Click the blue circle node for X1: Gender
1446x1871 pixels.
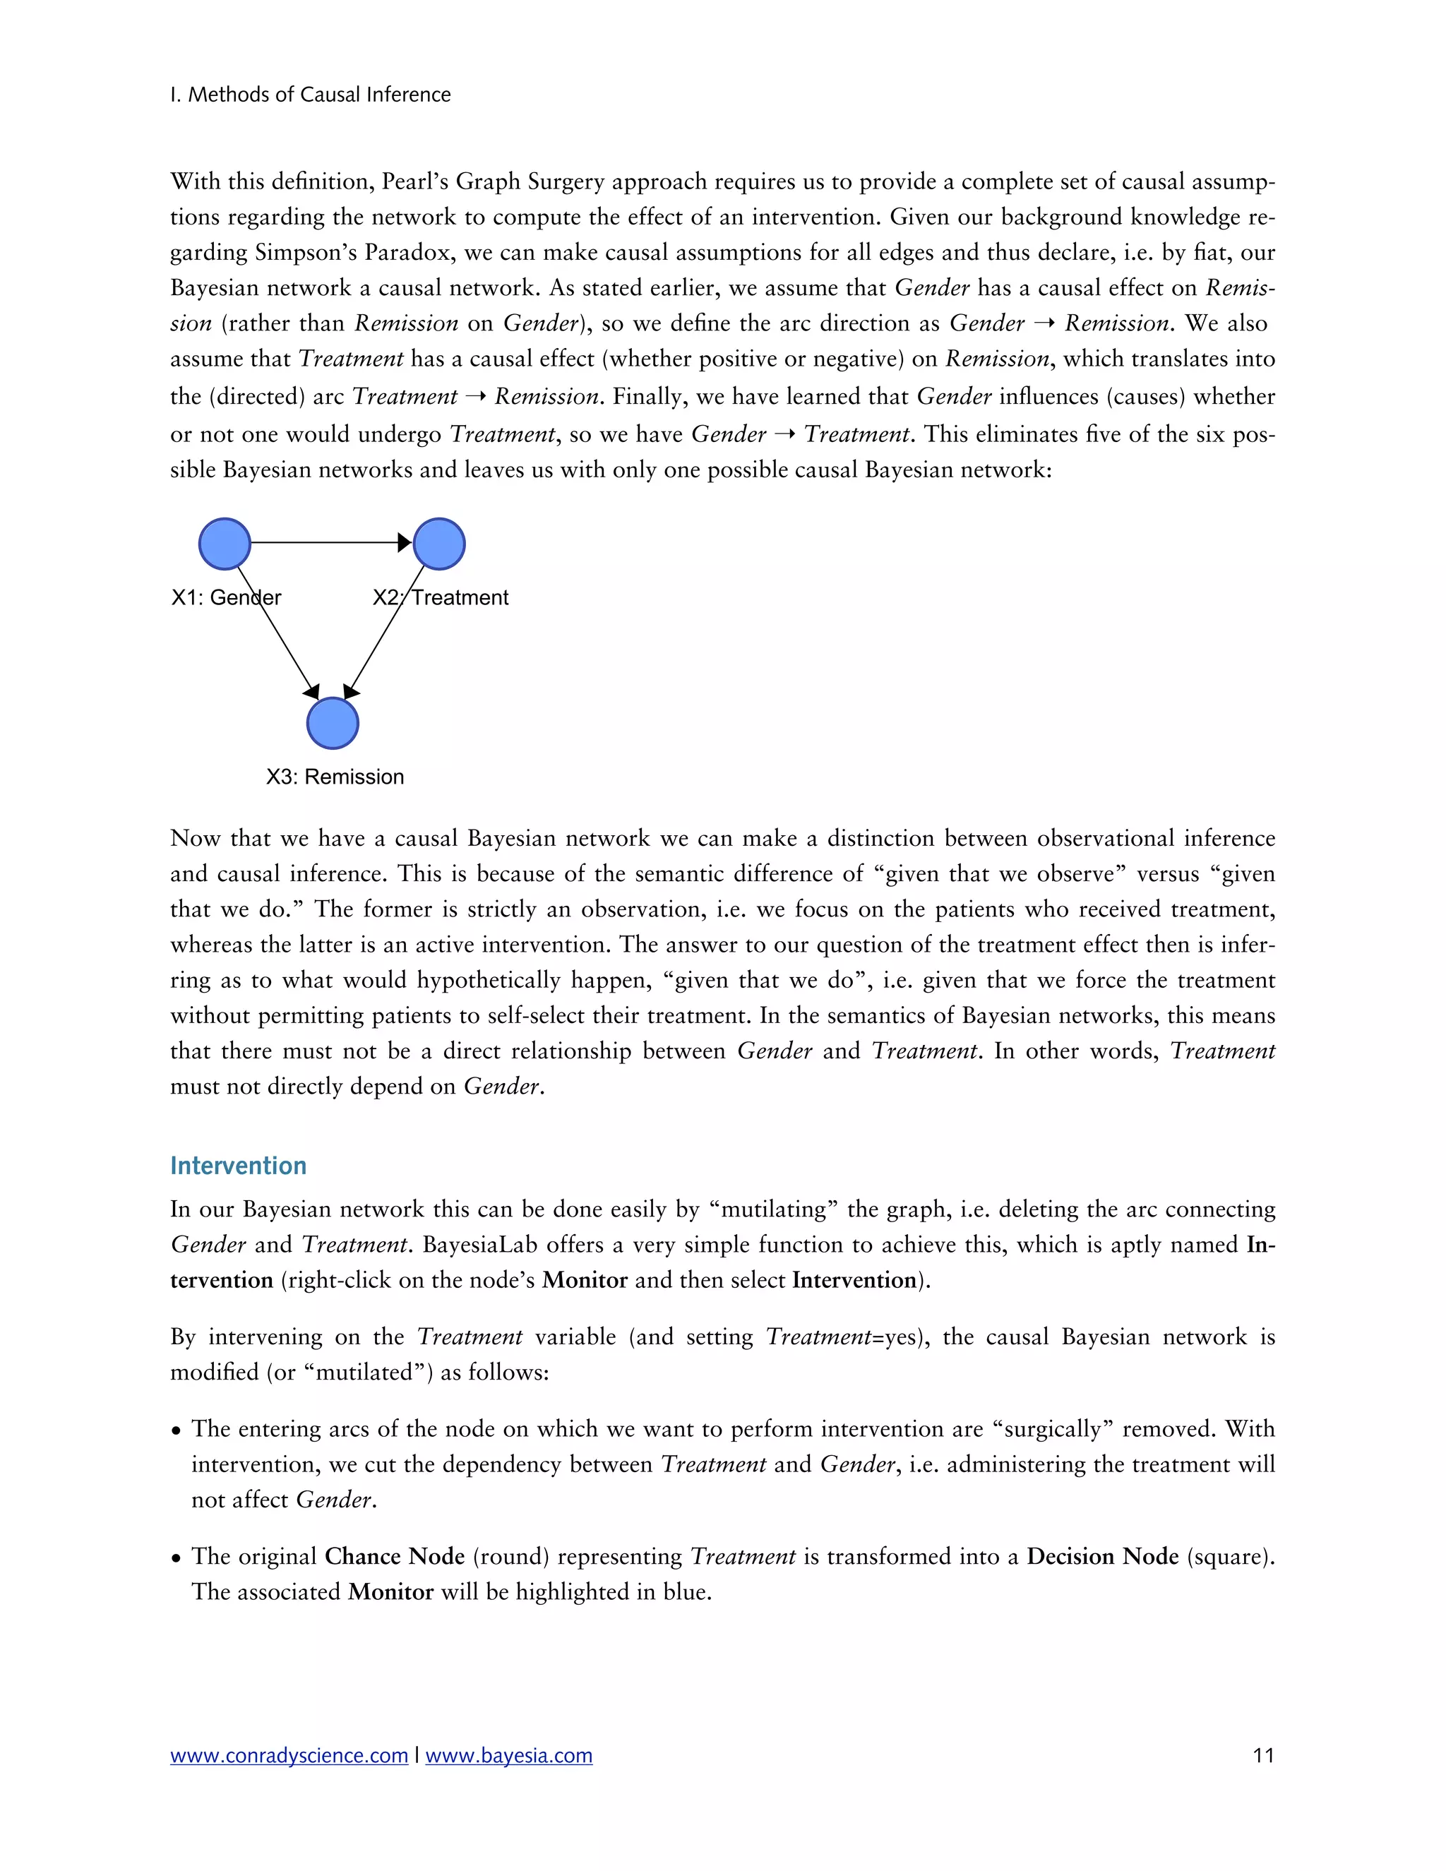(x=225, y=544)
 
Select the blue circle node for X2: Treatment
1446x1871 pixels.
(x=438, y=544)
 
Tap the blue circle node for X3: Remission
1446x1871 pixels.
(x=333, y=723)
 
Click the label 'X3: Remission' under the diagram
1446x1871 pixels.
(x=335, y=777)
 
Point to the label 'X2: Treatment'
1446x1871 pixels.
(x=441, y=598)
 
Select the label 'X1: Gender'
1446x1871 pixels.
(x=226, y=598)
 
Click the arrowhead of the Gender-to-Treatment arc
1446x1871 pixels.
(x=405, y=542)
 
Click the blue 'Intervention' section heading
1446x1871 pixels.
(x=238, y=1166)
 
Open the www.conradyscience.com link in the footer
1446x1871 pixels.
(x=289, y=1756)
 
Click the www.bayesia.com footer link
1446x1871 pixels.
(x=509, y=1756)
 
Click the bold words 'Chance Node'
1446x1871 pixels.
(x=395, y=1557)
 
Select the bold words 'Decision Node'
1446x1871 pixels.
(x=1102, y=1557)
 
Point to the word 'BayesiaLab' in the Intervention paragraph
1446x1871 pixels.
(x=479, y=1245)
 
